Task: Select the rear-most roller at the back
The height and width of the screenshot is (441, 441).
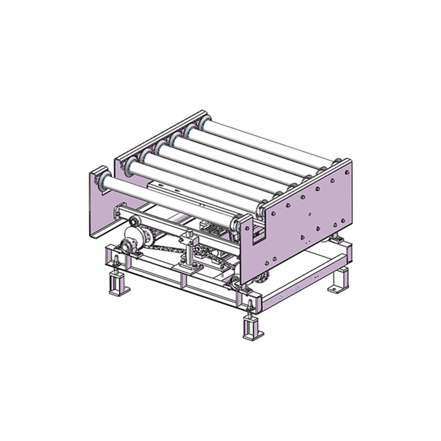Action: pyautogui.click(x=265, y=138)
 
